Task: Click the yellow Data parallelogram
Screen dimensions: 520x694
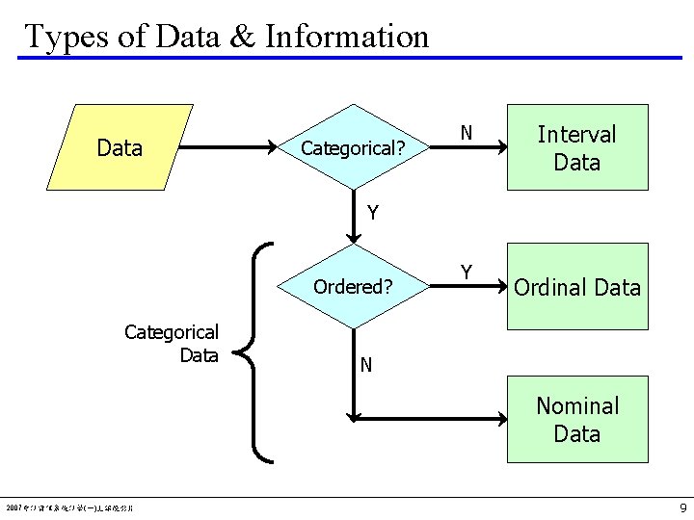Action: click(x=120, y=147)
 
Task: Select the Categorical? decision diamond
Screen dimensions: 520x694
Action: click(x=353, y=148)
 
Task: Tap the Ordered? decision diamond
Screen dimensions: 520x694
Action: click(x=353, y=286)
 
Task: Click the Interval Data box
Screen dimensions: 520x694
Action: click(x=576, y=147)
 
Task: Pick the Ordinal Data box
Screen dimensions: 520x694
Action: click(x=576, y=287)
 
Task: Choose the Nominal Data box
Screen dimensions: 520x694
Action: click(x=576, y=419)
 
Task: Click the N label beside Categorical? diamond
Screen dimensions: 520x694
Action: click(x=466, y=133)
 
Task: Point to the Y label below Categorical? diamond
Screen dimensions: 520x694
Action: click(x=372, y=213)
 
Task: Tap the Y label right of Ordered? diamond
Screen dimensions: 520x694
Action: click(x=466, y=273)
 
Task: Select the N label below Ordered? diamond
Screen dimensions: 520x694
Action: click(x=366, y=364)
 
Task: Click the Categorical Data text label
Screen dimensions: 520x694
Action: click(x=172, y=344)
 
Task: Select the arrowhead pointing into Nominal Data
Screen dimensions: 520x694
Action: click(x=501, y=418)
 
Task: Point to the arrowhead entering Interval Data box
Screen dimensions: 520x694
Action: click(x=502, y=148)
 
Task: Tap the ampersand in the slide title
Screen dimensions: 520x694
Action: click(x=241, y=37)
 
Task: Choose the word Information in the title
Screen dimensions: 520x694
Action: click(x=347, y=37)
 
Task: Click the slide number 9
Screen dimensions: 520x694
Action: click(x=682, y=507)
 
